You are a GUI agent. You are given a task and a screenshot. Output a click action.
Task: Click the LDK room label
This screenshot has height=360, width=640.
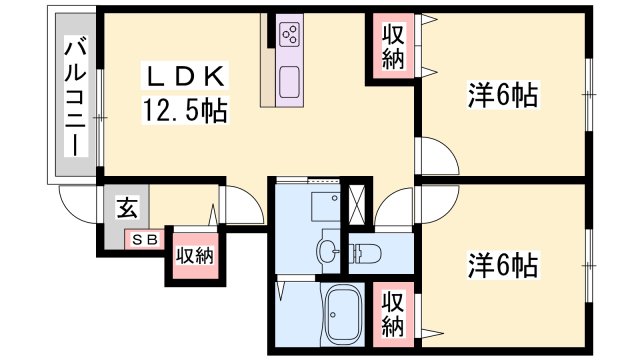(184, 76)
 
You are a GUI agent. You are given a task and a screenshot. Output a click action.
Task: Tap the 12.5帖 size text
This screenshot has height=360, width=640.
(184, 110)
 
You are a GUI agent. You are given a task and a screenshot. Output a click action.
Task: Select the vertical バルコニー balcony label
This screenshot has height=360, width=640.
(76, 96)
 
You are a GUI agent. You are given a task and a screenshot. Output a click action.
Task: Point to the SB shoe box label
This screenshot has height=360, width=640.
(145, 240)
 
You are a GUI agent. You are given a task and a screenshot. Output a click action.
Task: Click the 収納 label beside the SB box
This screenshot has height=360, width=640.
(195, 256)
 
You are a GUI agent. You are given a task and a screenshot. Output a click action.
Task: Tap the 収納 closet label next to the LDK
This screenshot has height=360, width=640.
(393, 47)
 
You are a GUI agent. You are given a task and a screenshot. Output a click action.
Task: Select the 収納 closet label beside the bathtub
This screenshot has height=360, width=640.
(393, 314)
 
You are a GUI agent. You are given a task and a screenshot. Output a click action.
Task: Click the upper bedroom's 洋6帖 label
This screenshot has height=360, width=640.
(502, 95)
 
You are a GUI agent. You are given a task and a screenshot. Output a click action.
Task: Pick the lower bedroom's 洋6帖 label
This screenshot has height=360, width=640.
(502, 265)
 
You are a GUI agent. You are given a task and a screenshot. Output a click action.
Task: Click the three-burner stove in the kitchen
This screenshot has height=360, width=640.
(290, 34)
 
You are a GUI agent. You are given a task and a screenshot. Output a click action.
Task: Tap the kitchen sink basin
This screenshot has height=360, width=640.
(290, 82)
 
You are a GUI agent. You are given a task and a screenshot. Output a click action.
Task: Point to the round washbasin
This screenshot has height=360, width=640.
(328, 248)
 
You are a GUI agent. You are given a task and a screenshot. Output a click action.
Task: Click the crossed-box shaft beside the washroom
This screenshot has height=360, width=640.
(357, 204)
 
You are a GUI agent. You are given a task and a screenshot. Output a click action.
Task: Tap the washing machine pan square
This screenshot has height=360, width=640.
(325, 206)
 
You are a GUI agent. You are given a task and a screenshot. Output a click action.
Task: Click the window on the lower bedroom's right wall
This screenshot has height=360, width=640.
(588, 266)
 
